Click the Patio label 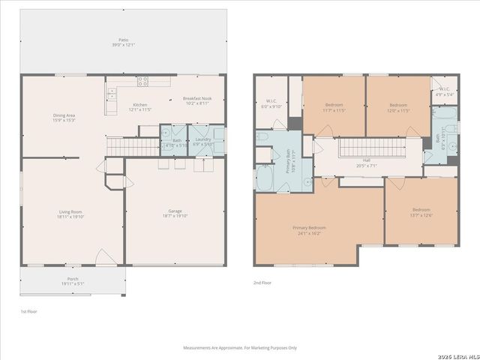[x=122, y=43]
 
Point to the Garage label [x=175, y=214]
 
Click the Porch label [x=73, y=282]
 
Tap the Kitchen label [x=140, y=107]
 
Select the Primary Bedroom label [x=308, y=230]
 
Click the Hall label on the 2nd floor [x=366, y=163]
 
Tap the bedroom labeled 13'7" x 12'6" [x=420, y=212]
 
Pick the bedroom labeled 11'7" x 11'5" [x=334, y=107]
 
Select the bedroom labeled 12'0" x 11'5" [x=397, y=107]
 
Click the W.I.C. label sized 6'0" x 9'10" [x=271, y=103]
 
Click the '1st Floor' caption [x=28, y=310]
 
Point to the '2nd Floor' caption [x=262, y=283]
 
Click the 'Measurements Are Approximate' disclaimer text [x=241, y=348]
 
